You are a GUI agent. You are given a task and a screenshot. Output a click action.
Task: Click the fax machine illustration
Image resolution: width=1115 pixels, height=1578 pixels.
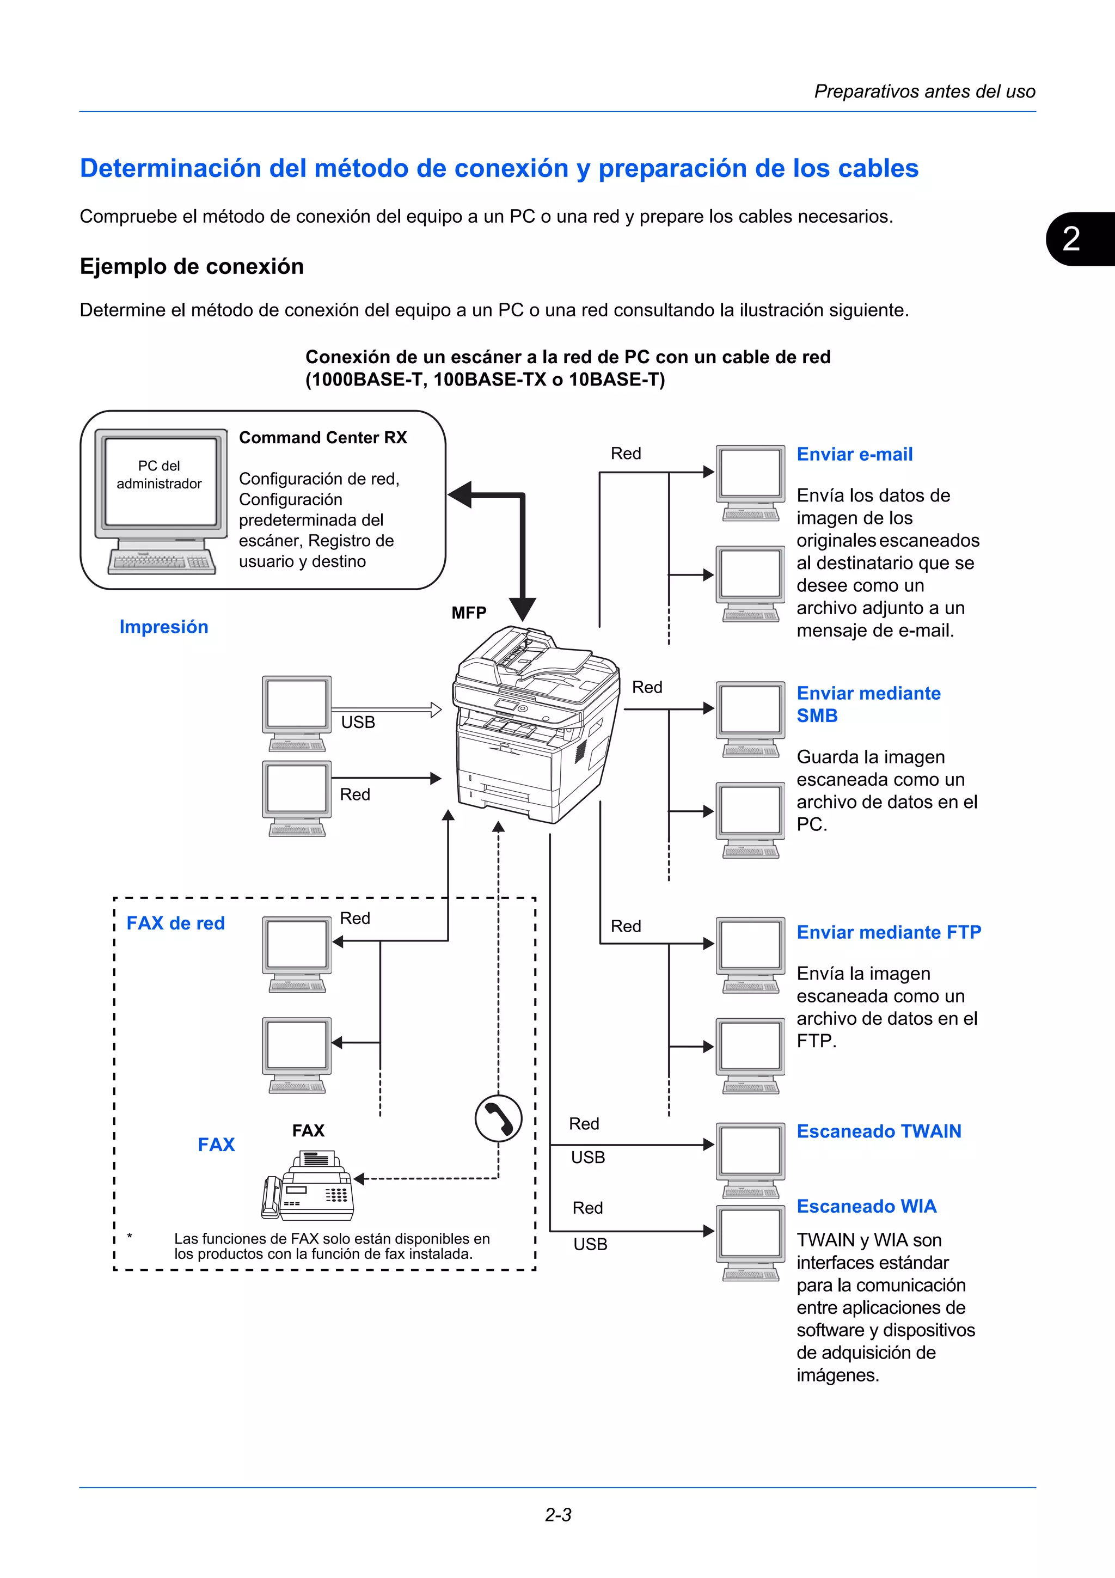[x=308, y=1185]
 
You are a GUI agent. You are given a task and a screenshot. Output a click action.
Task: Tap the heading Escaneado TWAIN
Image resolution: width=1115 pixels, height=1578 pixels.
[x=879, y=1131]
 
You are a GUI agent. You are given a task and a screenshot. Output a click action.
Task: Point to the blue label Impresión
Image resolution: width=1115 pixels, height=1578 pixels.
[x=163, y=627]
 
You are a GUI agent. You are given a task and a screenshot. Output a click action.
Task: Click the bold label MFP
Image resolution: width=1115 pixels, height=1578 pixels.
[x=469, y=613]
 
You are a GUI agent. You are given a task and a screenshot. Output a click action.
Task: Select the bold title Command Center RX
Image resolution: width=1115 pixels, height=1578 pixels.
[x=323, y=438]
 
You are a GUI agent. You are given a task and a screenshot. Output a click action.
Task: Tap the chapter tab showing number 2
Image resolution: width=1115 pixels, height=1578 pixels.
[x=1075, y=239]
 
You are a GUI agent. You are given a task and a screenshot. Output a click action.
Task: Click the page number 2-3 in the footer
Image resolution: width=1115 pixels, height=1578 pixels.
[x=558, y=1515]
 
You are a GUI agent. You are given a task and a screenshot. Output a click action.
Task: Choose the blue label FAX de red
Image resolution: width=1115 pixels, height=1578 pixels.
[x=175, y=923]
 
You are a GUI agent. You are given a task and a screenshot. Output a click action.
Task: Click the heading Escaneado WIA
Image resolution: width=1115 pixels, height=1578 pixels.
[x=866, y=1206]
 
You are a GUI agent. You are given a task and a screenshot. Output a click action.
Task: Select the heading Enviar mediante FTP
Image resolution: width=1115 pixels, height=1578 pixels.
[x=889, y=932]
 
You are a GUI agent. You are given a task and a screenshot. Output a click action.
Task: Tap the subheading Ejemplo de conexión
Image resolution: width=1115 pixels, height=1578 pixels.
[x=192, y=267]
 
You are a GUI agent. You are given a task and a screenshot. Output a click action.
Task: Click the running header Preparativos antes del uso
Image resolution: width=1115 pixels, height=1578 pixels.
[x=924, y=91]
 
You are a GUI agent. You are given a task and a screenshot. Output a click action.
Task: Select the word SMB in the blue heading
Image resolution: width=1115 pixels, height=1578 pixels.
[x=817, y=715]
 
